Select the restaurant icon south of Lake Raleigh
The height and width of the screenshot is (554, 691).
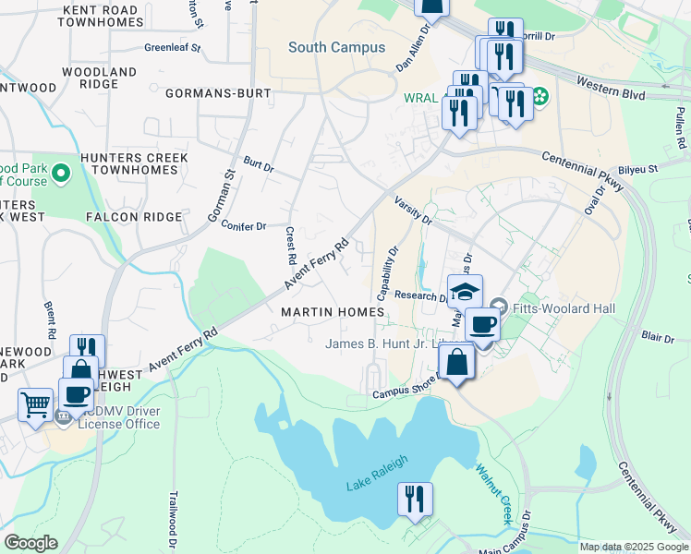(415, 500)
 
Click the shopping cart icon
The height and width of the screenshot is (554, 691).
(35, 404)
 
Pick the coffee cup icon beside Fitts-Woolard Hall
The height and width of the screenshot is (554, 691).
(482, 325)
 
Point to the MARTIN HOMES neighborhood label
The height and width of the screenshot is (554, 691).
(333, 313)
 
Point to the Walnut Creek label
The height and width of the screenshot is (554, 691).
(495, 494)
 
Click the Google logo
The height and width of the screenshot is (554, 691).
(30, 543)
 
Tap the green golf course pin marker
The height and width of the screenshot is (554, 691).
(61, 173)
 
